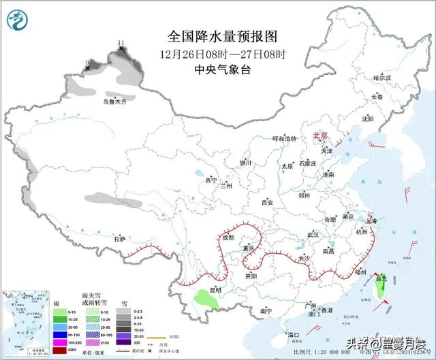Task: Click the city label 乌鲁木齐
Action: coord(114,101)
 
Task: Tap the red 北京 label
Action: coord(319,136)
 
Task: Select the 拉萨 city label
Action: coord(120,239)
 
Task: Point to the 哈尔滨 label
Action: coord(382,79)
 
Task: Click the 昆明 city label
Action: coord(215,291)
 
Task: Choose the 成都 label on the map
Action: coord(227,238)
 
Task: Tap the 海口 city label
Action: coord(294,335)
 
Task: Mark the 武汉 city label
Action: coord(313,234)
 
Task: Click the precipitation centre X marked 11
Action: coord(121,48)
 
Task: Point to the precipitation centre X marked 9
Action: coord(87,67)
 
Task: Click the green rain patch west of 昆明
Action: coord(202,297)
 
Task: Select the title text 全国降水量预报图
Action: coord(214,36)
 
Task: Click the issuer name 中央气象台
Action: coord(214,69)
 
